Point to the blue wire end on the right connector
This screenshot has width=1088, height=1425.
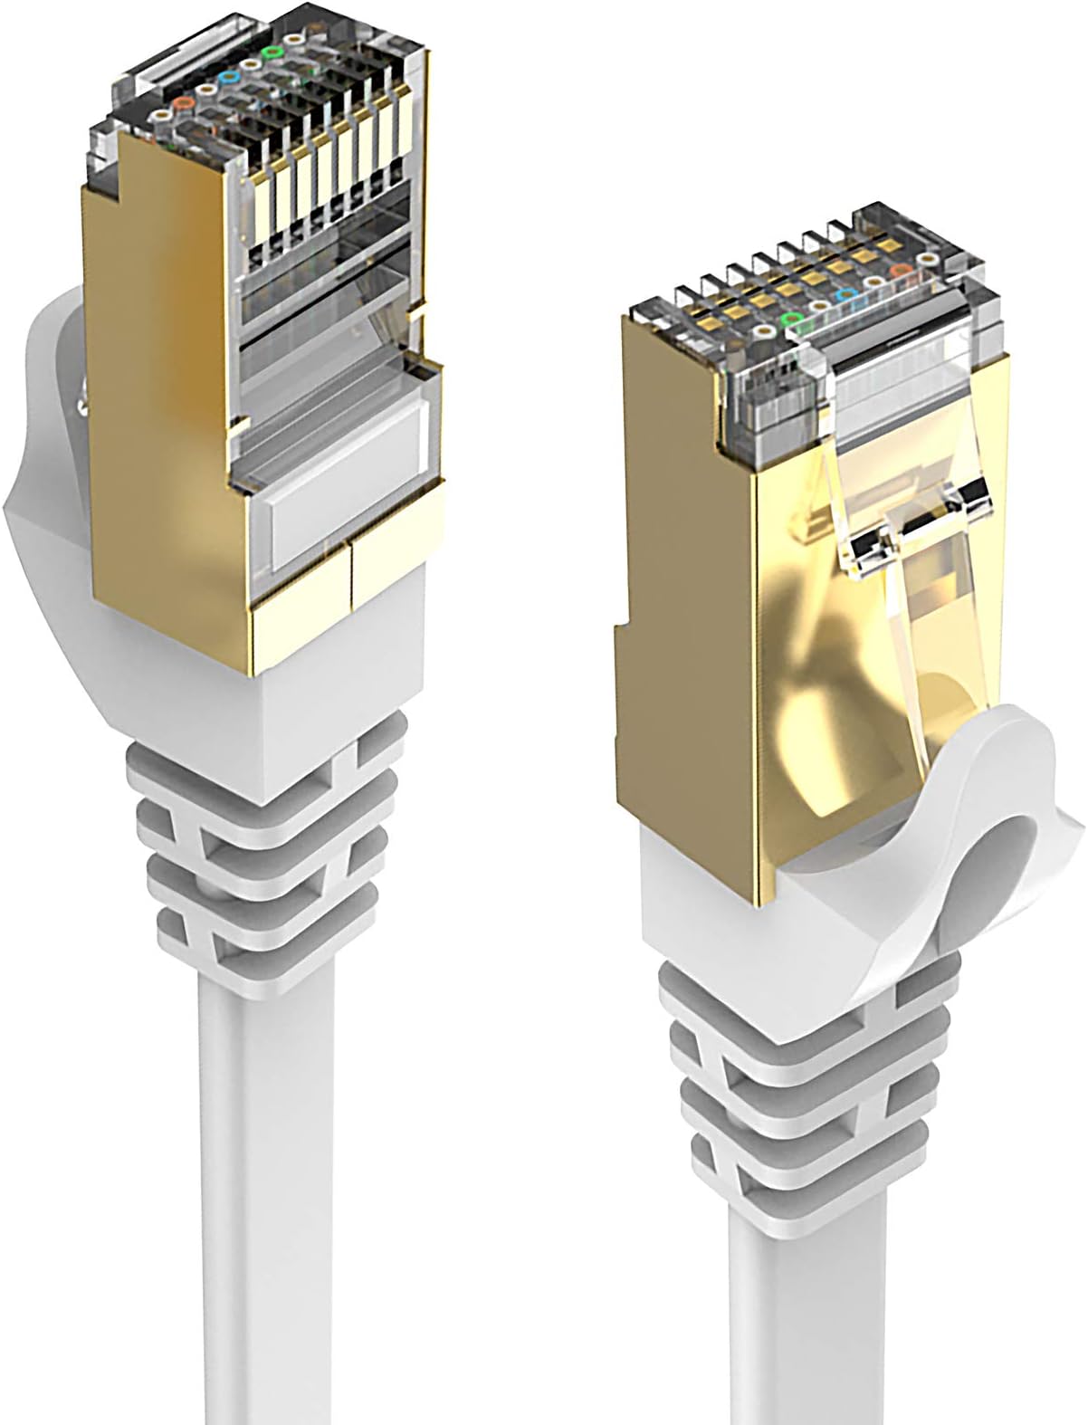pos(846,295)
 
